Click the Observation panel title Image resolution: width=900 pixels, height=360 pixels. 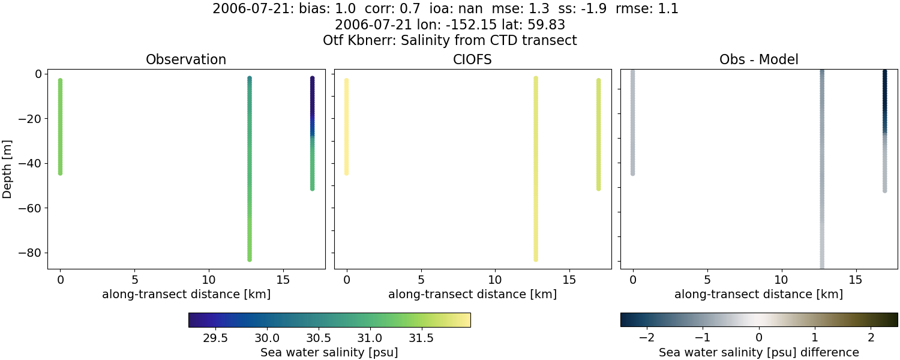pos(186,60)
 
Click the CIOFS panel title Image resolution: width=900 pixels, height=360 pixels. pos(472,60)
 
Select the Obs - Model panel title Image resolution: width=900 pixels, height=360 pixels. pos(758,60)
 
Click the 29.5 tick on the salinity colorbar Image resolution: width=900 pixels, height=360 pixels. pos(215,338)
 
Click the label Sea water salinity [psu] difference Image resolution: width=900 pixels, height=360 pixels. pos(758,352)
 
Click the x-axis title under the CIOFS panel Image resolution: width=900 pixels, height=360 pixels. pos(472,295)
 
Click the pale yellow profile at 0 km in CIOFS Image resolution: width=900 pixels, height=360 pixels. pos(346,126)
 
